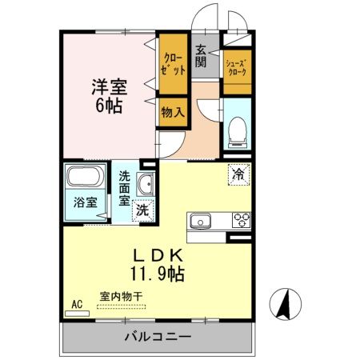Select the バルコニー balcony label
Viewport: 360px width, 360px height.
(x=158, y=336)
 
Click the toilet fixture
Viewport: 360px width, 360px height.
(x=237, y=131)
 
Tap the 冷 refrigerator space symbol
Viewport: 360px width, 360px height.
(x=238, y=172)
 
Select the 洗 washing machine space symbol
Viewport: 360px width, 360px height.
(x=141, y=211)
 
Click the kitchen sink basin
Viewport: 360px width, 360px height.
(x=199, y=221)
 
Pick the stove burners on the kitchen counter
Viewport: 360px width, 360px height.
(x=240, y=220)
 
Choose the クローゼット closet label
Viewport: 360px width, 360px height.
(x=173, y=62)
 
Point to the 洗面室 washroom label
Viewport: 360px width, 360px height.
(x=126, y=188)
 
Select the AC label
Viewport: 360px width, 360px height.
(x=78, y=303)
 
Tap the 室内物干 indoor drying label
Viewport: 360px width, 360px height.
(x=121, y=297)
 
